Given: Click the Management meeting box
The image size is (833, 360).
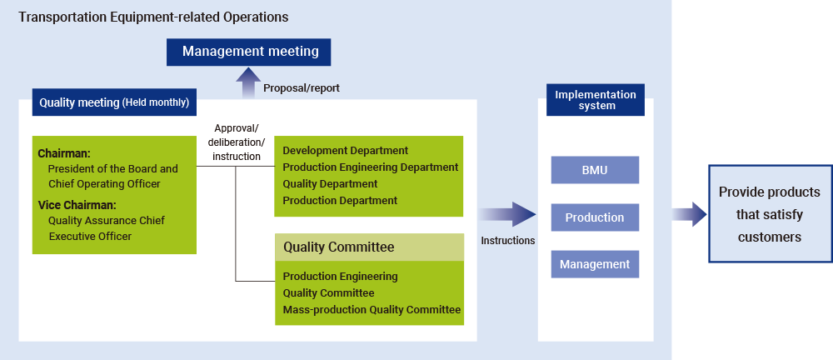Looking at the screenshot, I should pos(250,52).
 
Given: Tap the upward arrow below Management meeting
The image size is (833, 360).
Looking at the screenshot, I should pos(247,83).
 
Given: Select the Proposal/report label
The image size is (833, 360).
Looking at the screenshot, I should pos(301,87).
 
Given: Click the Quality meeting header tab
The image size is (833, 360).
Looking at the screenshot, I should pos(114,103).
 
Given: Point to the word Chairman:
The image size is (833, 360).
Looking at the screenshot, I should pos(64,153).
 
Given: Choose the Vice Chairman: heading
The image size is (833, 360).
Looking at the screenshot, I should pos(77,205).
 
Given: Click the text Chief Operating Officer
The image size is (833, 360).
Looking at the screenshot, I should pos(104,183).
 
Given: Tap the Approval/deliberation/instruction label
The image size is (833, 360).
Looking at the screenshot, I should pos(237,142).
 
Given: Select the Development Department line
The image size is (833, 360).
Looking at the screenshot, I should pos(345,151).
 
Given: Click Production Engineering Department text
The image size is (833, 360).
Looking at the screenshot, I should pos(370,167).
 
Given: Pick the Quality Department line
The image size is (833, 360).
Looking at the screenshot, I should pos(330,184).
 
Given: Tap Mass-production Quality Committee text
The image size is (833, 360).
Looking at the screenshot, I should pos(372,310).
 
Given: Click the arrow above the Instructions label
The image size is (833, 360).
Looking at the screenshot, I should pos(507,215).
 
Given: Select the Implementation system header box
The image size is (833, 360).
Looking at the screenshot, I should pos(595,100).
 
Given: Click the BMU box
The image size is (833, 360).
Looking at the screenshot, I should pos(595,170).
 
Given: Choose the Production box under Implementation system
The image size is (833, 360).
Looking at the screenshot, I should pos(595,217).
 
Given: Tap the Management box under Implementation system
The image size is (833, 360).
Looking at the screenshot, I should pos(595,264).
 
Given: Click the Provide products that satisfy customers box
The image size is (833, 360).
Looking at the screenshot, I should pos(769,214).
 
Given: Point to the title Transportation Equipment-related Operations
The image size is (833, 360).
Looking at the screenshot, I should pos(153,17).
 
